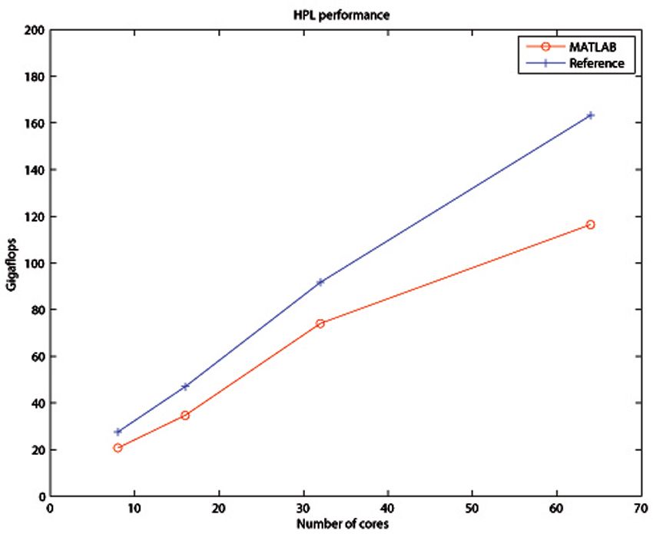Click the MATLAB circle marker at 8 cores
[x=118, y=447]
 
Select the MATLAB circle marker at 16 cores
[x=185, y=415]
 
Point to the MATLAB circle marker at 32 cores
[x=320, y=323]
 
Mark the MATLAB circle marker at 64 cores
[x=590, y=224]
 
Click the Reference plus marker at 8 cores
[x=118, y=432]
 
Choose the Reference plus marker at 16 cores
[x=185, y=386]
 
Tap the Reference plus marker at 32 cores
[x=320, y=282]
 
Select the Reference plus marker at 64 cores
[x=590, y=115]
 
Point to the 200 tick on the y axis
[x=33, y=31]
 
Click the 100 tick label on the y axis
[x=33, y=264]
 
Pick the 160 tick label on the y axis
[x=33, y=124]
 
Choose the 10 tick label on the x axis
[x=134, y=508]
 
